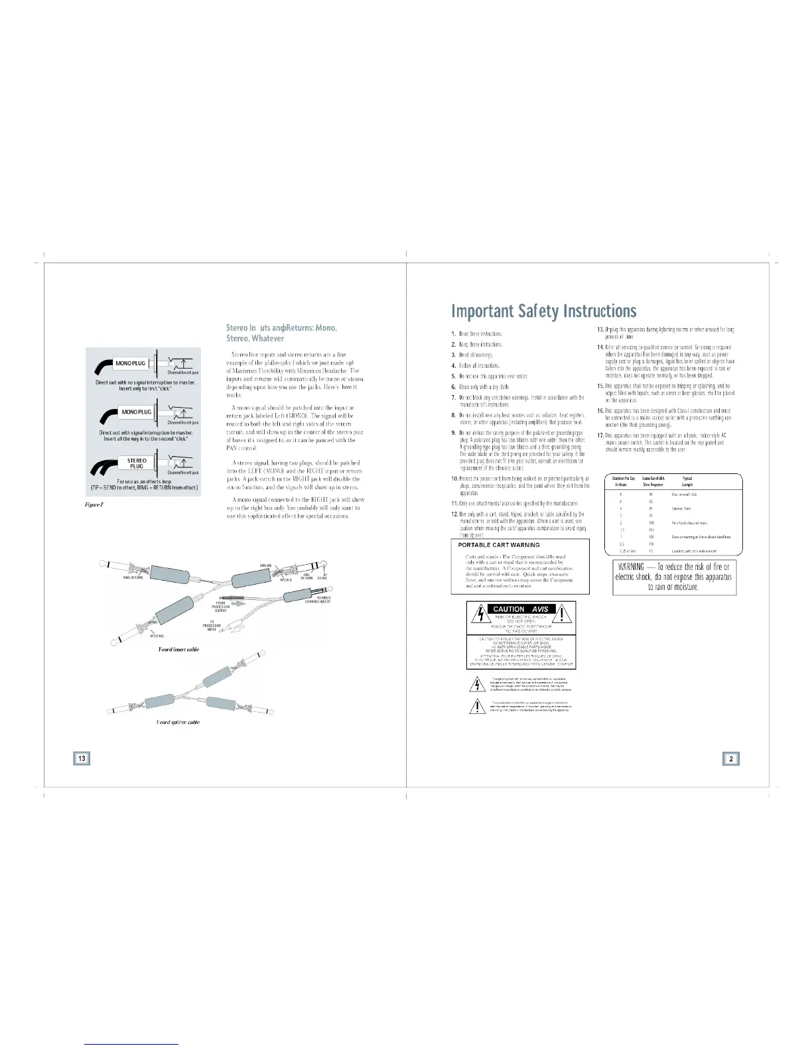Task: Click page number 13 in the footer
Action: tap(82, 758)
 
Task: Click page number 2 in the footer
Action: tap(730, 758)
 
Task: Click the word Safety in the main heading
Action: tap(545, 311)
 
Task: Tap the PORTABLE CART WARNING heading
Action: tap(499, 545)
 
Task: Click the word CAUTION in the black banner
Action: tap(509, 609)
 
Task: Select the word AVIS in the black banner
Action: tap(540, 609)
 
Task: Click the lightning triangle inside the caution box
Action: tap(477, 614)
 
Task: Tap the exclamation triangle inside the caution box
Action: tap(564, 614)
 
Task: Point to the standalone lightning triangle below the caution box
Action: tap(476, 683)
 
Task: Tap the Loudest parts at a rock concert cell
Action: tap(694, 551)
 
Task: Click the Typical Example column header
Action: tap(687, 481)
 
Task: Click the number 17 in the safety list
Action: tap(600, 435)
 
